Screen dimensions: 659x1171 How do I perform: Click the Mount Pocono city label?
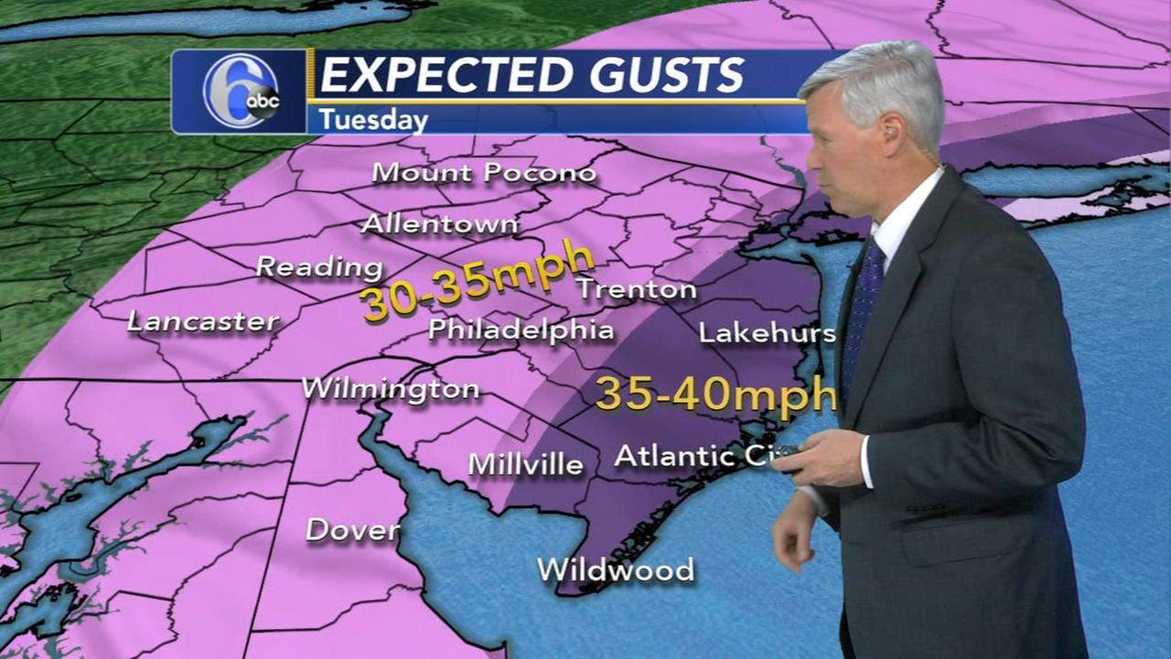(484, 172)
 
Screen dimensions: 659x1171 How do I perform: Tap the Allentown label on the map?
(440, 223)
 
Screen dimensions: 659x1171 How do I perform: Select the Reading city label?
(319, 267)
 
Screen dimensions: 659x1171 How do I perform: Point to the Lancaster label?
(203, 321)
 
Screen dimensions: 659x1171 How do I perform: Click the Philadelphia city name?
(521, 329)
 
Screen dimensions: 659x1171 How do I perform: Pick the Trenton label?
(636, 290)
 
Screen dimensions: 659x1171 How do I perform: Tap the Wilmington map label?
(391, 388)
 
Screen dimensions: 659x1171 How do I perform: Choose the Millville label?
(526, 464)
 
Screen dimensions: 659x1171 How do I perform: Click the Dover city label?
(352, 529)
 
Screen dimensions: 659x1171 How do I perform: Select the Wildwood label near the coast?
(616, 570)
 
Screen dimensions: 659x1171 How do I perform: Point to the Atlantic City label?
(695, 455)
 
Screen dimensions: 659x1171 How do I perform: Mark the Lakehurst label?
(767, 332)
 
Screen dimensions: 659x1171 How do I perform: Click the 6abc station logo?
(241, 92)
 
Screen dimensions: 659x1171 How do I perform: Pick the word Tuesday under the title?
(373, 120)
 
